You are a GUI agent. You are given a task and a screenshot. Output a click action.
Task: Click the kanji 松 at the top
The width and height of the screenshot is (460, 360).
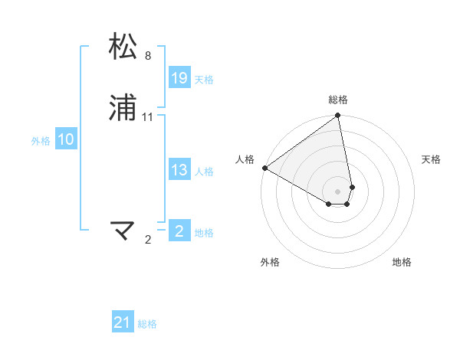point(123,47)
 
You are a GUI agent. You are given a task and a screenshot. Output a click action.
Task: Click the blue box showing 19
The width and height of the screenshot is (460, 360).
point(179,77)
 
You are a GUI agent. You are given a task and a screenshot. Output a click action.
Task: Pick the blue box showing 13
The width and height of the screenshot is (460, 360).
point(179,170)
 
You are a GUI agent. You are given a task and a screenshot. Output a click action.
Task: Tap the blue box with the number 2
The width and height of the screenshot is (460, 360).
point(179,231)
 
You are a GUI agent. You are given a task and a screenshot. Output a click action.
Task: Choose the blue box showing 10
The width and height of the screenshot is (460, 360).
point(66,139)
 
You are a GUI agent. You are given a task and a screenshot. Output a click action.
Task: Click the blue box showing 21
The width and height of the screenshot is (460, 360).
point(123,322)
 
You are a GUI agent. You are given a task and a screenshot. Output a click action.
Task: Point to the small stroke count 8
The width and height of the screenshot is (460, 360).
point(148,56)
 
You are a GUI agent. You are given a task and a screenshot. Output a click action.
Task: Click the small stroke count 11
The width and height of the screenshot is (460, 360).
point(148,117)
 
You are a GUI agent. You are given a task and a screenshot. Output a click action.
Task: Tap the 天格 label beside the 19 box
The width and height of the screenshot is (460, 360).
point(204,80)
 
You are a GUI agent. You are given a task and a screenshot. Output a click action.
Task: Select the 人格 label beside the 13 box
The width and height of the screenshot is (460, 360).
point(204,172)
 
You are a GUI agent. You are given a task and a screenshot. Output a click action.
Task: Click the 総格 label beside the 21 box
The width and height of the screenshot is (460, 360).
point(147,325)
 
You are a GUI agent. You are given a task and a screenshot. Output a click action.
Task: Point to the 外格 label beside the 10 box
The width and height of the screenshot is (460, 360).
point(41,141)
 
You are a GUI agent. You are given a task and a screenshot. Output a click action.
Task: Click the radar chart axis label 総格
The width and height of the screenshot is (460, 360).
point(338,100)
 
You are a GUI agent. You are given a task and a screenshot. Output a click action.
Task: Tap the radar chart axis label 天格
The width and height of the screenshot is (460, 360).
point(431,159)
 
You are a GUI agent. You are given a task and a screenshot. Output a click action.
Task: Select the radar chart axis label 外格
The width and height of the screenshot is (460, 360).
point(270,262)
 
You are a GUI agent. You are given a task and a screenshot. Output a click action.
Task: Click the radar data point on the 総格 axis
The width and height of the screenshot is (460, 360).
point(338,116)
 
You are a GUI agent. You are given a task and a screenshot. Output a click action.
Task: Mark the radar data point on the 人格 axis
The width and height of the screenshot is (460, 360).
point(264,168)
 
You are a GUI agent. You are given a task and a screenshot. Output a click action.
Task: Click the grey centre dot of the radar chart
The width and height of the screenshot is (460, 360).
point(338,191)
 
